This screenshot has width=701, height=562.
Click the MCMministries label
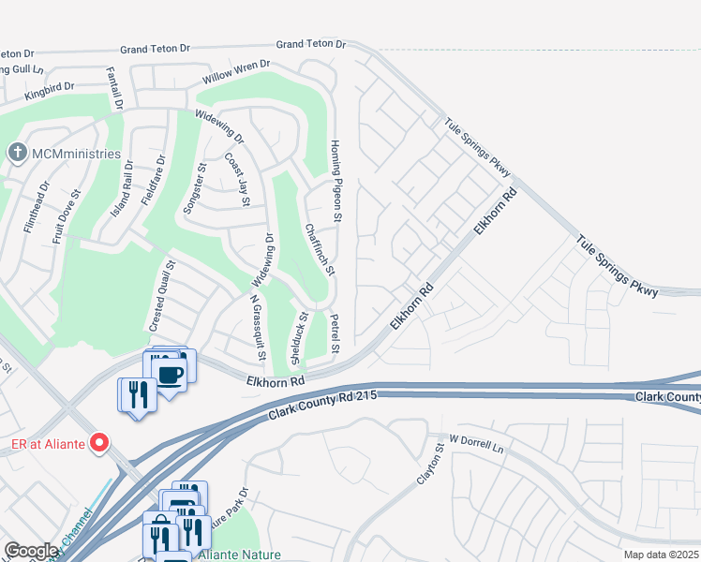point(76,154)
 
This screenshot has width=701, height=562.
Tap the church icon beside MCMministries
point(17,153)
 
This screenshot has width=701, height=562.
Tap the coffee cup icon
point(170,375)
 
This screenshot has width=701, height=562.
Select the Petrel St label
point(334,333)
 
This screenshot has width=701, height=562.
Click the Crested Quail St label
point(159,296)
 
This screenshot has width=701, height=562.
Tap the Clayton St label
point(431,466)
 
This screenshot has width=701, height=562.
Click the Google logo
point(31,551)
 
